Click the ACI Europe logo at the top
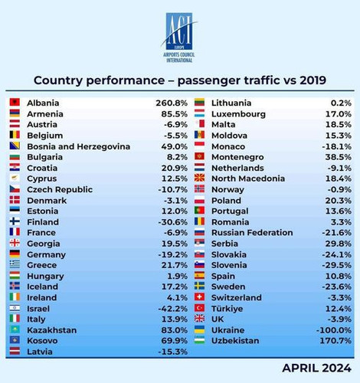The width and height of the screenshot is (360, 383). point(179,38)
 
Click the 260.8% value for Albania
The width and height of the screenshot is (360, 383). point(172,103)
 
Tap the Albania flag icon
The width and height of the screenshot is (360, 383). point(15,102)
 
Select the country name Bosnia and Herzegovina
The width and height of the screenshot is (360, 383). point(79,146)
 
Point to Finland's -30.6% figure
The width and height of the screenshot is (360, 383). point(173,222)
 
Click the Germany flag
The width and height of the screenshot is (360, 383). point(15,254)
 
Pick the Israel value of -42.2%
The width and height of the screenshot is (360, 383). point(173,309)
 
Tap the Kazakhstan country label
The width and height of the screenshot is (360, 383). point(52,330)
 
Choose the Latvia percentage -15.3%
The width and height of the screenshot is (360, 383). point(173,352)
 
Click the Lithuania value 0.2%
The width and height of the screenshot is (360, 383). point(341,103)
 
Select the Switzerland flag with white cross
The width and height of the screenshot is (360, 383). point(199,297)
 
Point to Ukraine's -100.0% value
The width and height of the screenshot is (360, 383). point(334,330)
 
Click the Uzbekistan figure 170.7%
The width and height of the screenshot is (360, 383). point(335,341)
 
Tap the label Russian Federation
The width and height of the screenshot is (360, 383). point(252,233)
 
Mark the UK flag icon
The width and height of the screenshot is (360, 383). point(199,319)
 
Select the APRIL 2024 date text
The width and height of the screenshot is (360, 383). point(317,368)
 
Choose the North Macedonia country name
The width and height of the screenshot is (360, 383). point(248,178)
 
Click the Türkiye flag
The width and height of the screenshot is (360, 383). point(199,308)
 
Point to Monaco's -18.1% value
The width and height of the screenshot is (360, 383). point(337,146)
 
